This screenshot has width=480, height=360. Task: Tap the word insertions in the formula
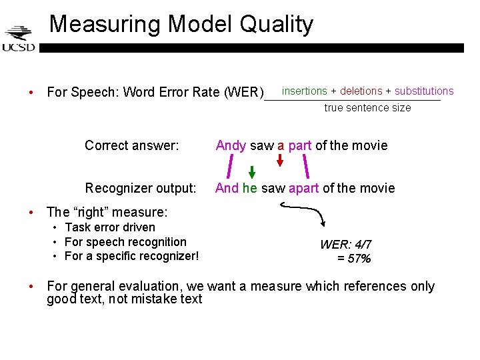pos(305,91)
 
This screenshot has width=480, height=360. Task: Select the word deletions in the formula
pos(361,91)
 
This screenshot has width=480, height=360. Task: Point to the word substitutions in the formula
pos(424,91)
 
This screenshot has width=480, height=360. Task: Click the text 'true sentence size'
pos(367,108)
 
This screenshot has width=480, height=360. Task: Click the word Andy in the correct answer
pos(231,145)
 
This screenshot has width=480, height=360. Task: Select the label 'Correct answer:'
pos(132,145)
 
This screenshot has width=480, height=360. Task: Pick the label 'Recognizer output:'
pos(141,188)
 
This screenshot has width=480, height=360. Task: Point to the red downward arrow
pos(281,160)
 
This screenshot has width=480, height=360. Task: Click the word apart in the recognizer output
pos(303,188)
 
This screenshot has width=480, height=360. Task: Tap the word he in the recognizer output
pos(250,188)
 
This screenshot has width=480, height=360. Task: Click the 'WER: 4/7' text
pos(346,245)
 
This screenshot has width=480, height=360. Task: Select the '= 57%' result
pos(354,259)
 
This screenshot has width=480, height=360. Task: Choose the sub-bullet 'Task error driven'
pos(109,227)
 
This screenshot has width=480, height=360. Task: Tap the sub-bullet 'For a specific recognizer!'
pos(131,257)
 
